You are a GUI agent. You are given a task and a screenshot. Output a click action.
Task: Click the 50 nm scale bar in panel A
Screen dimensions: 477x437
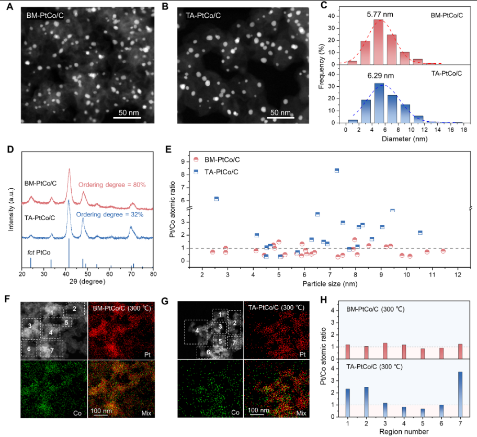click(127, 118)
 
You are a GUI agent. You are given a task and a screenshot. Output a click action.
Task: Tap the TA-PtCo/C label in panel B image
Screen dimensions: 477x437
click(203, 16)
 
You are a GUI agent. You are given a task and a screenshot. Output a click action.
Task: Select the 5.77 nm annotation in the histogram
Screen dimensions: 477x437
click(380, 14)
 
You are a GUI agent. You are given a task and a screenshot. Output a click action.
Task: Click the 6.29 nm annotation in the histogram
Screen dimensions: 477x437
click(381, 76)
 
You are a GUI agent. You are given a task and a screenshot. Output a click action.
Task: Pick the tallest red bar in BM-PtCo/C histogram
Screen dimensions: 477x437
click(379, 42)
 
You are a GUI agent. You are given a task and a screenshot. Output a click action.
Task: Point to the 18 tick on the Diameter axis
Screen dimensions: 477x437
click(463, 130)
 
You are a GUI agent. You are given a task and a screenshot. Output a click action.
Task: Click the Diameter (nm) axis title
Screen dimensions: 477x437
click(405, 139)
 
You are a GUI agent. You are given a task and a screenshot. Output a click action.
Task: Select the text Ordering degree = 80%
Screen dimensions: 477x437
click(112, 185)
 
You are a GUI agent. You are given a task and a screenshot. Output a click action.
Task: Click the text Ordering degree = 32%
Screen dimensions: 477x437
click(109, 215)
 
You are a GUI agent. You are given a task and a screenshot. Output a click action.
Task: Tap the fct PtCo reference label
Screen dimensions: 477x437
click(39, 252)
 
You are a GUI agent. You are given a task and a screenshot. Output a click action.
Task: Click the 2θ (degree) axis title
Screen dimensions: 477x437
click(87, 282)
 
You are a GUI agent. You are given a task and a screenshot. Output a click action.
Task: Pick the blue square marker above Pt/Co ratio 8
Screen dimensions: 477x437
click(337, 170)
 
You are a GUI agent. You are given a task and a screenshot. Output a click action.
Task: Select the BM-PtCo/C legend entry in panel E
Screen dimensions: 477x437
click(217, 159)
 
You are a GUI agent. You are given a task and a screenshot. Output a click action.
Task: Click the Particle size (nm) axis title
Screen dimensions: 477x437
click(330, 284)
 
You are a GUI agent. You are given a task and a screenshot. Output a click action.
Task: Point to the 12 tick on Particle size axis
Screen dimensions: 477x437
click(458, 275)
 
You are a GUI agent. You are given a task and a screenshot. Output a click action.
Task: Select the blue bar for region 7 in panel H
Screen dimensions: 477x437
click(460, 394)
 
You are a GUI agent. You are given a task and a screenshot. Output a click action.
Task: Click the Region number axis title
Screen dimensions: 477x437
click(404, 432)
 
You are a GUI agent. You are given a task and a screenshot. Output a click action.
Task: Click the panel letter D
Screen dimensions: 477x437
click(10, 149)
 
